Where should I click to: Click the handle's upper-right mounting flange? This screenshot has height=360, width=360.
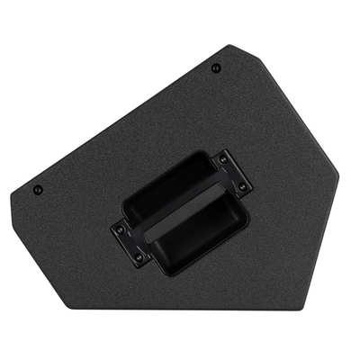tap(233, 173)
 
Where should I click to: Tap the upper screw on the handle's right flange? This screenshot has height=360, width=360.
tap(223, 160)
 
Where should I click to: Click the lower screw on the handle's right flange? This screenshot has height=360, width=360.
tap(241, 186)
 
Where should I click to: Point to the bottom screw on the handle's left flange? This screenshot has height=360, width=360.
tap(138, 256)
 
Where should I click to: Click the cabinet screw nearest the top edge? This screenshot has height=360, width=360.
tap(216, 67)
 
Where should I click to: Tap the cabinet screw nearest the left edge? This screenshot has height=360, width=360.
tap(39, 190)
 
